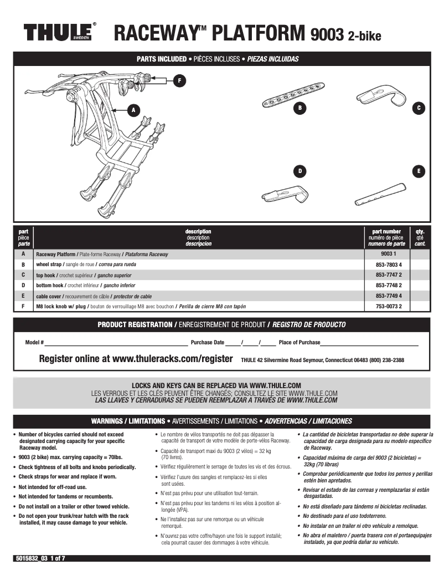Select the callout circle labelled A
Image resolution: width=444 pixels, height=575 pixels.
[133, 110]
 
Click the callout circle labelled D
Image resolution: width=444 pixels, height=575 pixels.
[300, 171]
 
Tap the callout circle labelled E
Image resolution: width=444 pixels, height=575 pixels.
[419, 171]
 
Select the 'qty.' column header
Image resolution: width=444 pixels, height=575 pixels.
[420, 231]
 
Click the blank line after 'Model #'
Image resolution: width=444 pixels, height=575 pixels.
[116, 343]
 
